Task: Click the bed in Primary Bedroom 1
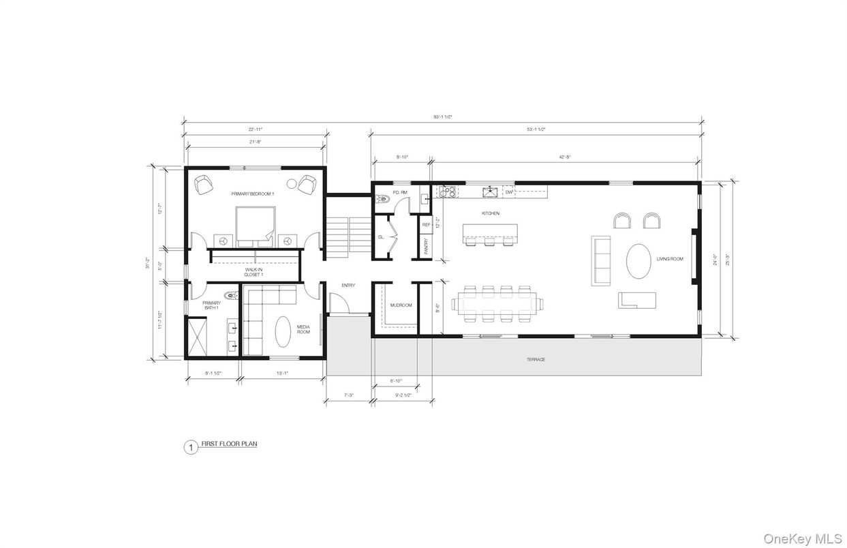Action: [256, 226]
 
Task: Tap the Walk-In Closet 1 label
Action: [254, 272]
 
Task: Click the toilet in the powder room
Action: [382, 200]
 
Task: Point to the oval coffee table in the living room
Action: [639, 260]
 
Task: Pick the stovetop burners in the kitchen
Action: [446, 192]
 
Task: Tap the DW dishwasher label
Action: [509, 192]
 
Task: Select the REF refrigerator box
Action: [426, 224]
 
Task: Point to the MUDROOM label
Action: [401, 305]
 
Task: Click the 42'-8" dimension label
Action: [564, 157]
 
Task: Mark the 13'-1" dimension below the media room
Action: [282, 373]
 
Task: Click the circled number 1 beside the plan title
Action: [191, 447]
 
